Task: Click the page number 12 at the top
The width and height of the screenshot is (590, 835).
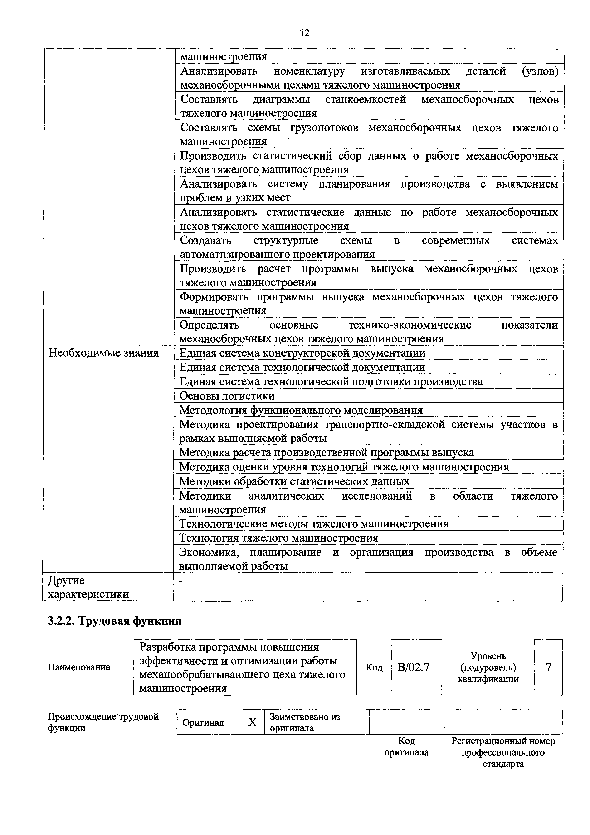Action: pos(304,33)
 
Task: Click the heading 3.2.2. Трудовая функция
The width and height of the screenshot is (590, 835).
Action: pos(114,621)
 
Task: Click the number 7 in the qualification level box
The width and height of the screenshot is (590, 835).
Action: pos(548,667)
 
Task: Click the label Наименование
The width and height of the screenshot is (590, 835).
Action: pos(79,667)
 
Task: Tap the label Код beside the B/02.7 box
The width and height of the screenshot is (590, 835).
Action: pos(374,668)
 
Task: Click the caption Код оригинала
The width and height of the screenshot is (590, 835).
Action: pos(407,747)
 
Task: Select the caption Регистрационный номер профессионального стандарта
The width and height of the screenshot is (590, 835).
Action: pos(503,752)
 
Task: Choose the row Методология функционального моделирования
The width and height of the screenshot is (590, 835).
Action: pos(301,410)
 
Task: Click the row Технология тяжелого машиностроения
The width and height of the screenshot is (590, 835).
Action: pos(279,538)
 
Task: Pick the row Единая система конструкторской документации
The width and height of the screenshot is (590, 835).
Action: pos(302,353)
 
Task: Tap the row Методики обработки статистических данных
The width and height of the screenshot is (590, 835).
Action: pos(294,481)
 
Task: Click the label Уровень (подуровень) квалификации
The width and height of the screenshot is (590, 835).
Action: pos(488,667)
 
